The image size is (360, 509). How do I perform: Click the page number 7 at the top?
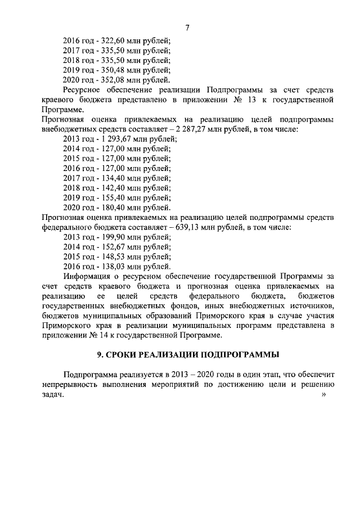click(x=187, y=28)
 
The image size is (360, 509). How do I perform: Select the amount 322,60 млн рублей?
click(x=135, y=40)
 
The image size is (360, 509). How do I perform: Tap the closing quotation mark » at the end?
click(x=323, y=395)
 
